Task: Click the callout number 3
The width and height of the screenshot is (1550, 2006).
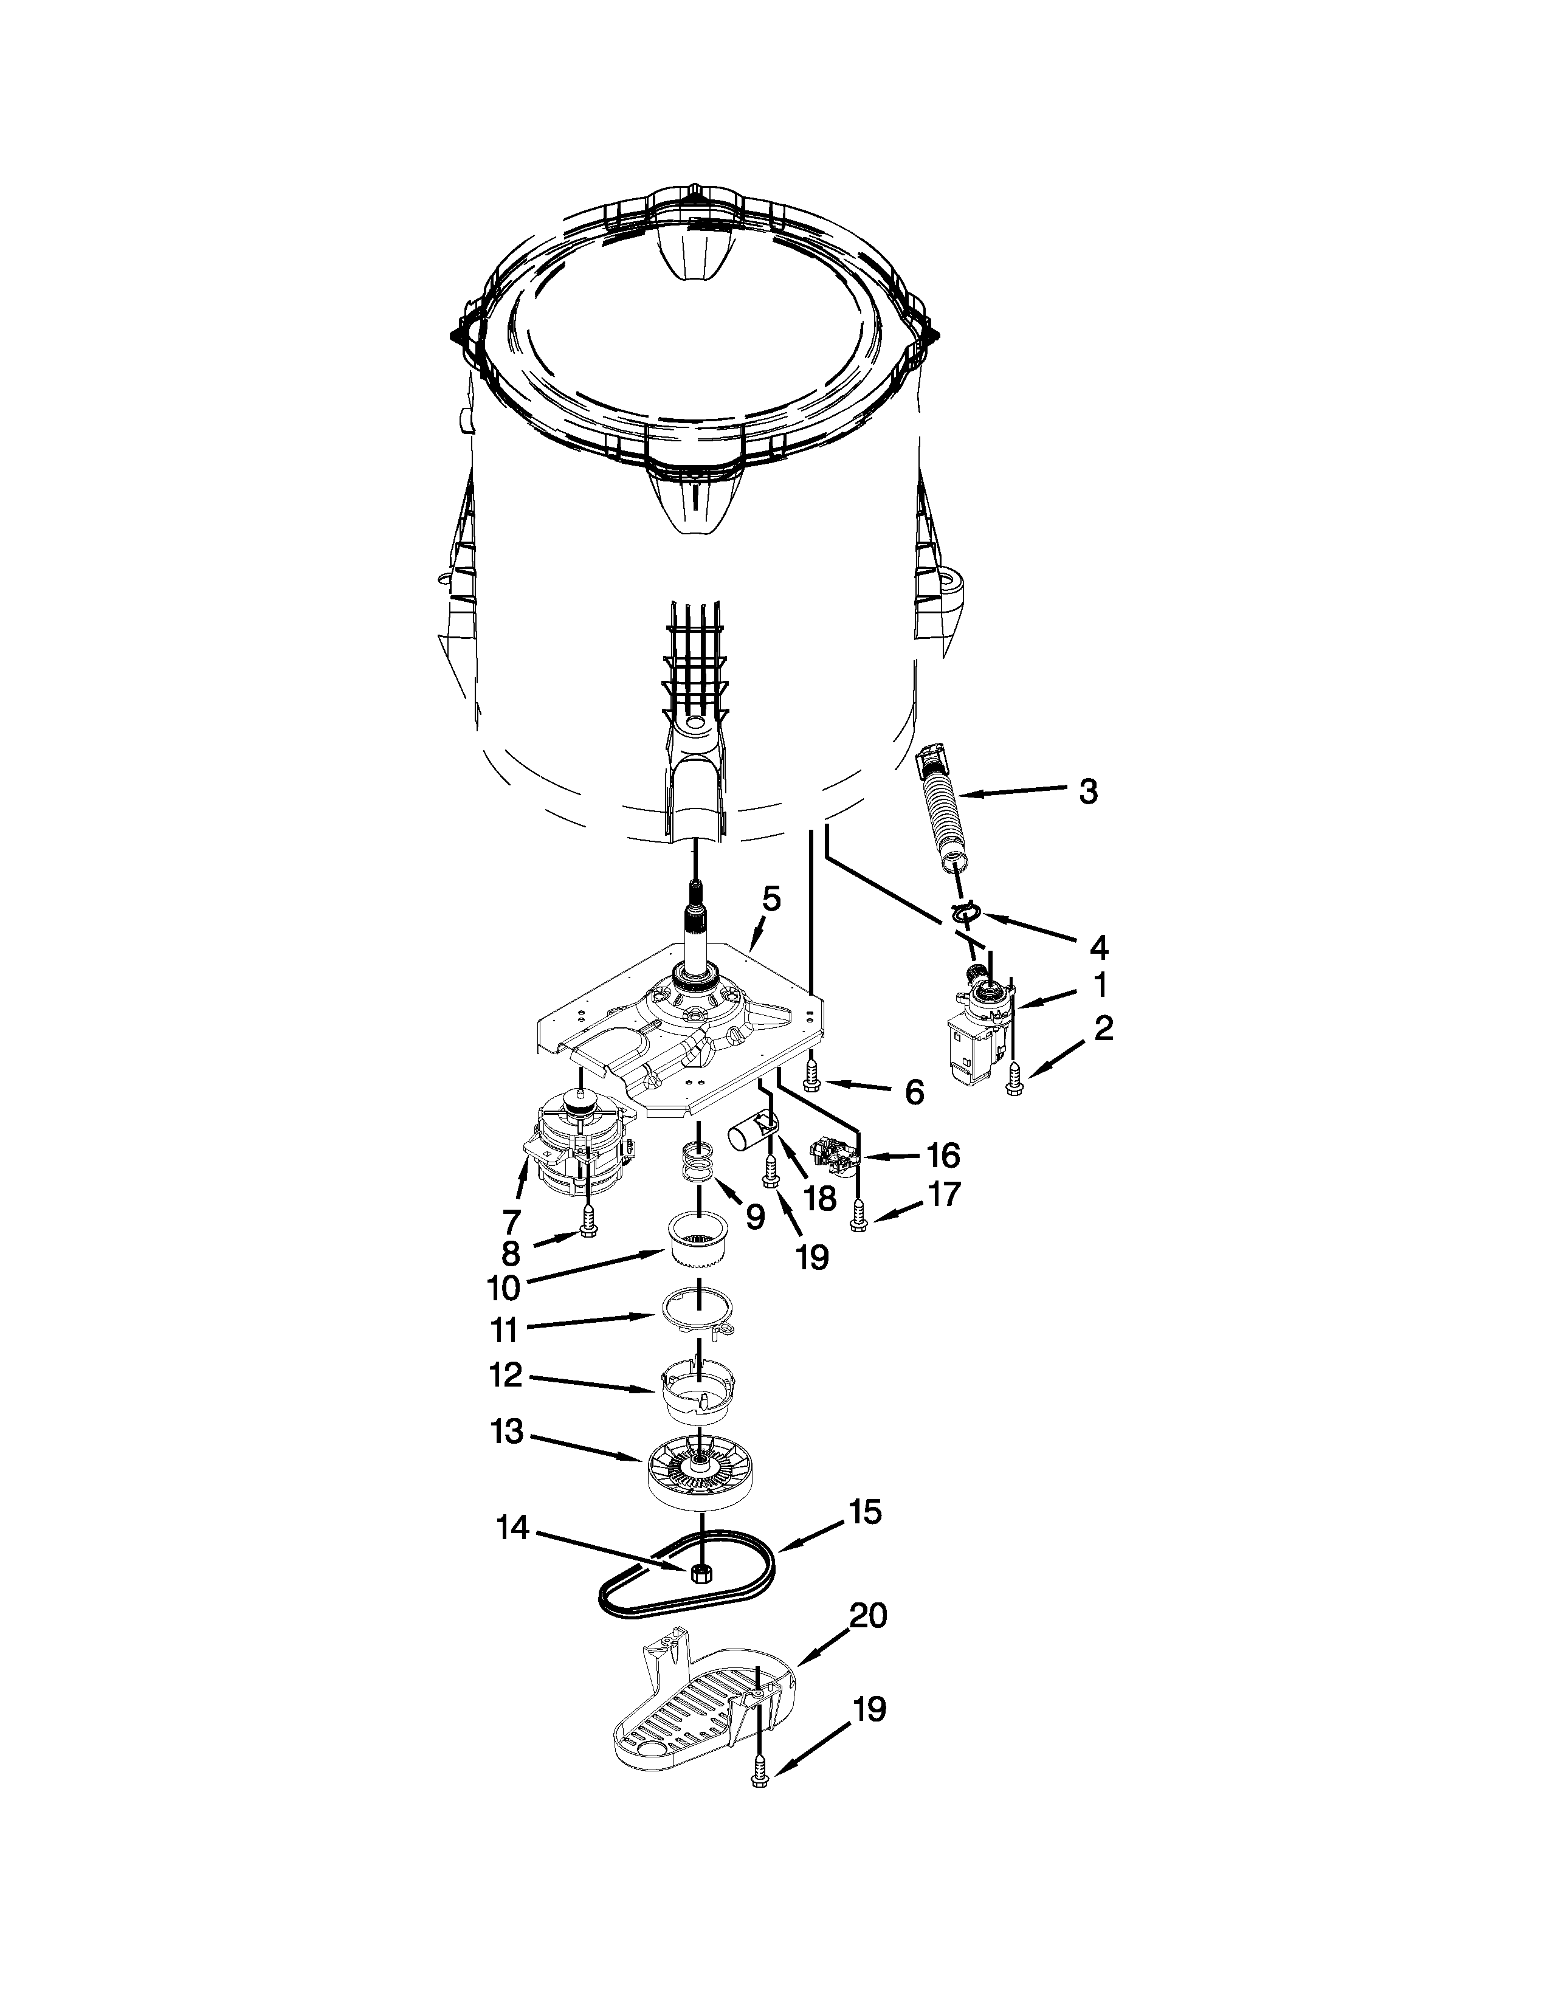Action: click(x=1088, y=791)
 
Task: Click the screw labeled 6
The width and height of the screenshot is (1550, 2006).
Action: click(x=811, y=1074)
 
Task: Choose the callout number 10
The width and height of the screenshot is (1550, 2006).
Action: click(x=503, y=1289)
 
